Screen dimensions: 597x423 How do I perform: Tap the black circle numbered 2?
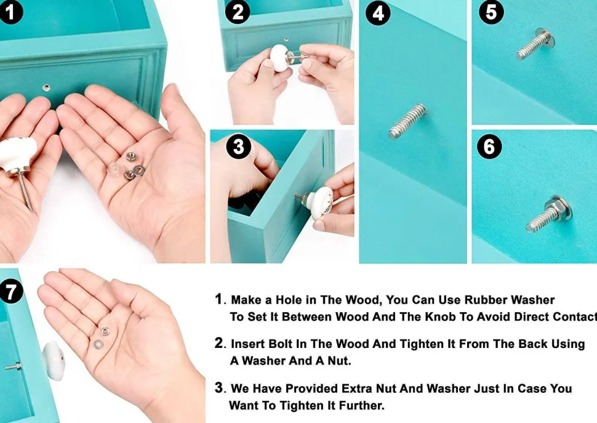point(237,12)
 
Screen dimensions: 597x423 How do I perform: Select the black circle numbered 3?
point(238,146)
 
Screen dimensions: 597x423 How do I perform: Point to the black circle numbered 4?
point(378,14)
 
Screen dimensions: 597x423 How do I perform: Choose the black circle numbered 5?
point(491,12)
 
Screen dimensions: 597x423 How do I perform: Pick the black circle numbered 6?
point(489,146)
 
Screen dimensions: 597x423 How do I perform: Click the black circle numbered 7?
point(10,291)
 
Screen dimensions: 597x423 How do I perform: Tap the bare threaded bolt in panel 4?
point(407,121)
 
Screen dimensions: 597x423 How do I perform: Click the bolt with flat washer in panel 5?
point(535,44)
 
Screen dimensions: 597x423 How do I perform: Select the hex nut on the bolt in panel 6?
point(553,209)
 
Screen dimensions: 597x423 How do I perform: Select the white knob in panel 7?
point(54,361)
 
